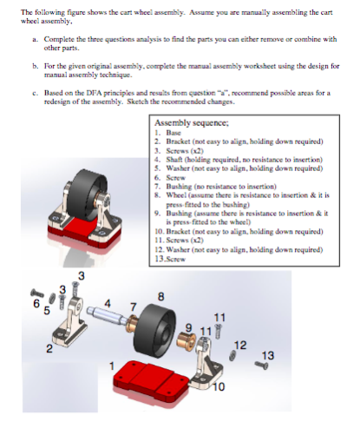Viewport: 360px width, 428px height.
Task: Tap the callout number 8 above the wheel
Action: (160, 296)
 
